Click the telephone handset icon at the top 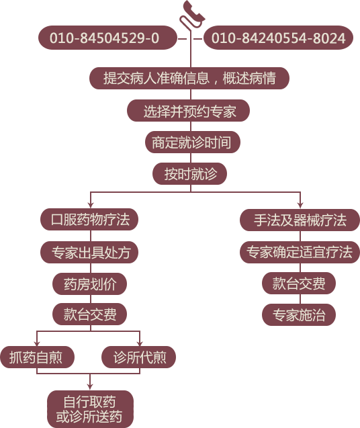[x=192, y=13]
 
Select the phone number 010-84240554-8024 [x=278, y=38]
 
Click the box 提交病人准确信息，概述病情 [x=189, y=79]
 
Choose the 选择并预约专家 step [x=188, y=111]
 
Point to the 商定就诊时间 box [x=192, y=142]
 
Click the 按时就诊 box [x=189, y=174]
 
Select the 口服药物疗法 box [x=89, y=220]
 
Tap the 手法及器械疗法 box [x=300, y=220]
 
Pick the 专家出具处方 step [x=89, y=252]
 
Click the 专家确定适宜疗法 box [x=300, y=252]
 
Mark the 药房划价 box [x=89, y=284]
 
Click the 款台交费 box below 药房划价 [x=89, y=314]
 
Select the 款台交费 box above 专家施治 [x=299, y=283]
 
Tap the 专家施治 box [x=299, y=314]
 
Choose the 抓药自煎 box [x=38, y=357]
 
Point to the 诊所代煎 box [x=138, y=357]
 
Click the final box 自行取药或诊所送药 [x=91, y=409]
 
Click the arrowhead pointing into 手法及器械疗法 [x=300, y=206]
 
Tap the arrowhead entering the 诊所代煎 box [x=140, y=343]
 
